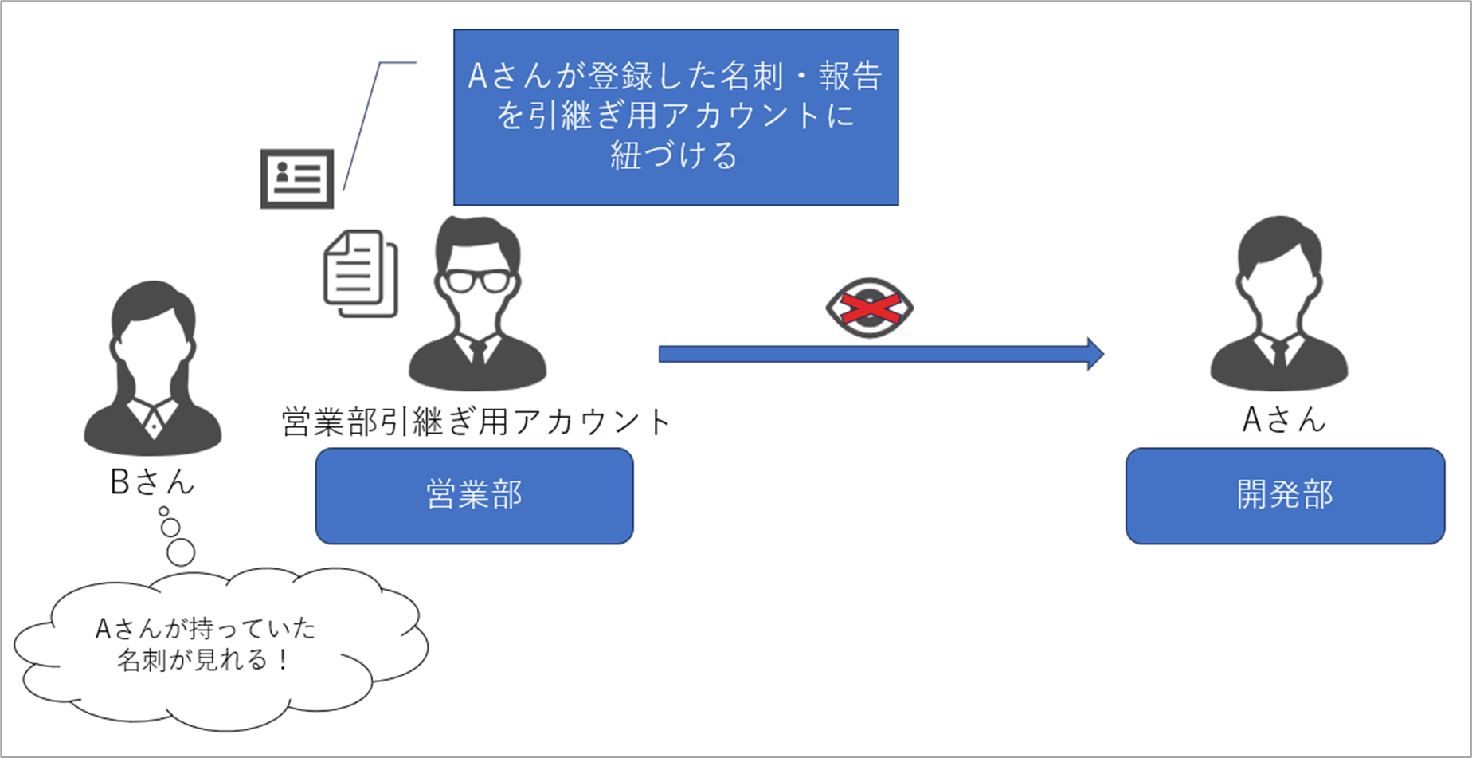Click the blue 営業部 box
pyautogui.click(x=474, y=496)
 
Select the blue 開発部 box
pyautogui.click(x=1284, y=496)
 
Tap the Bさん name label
pyautogui.click(x=152, y=481)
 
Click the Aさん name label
pyautogui.click(x=1283, y=419)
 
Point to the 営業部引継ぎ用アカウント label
pyautogui.click(x=476, y=422)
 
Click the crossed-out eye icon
pyautogui.click(x=869, y=308)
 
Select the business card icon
pyautogui.click(x=297, y=179)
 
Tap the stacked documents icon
pyautogui.click(x=360, y=273)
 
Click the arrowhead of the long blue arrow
pyautogui.click(x=1095, y=354)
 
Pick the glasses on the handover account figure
pyautogui.click(x=477, y=281)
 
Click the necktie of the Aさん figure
pyautogui.click(x=1279, y=353)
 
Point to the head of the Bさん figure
pyautogui.click(x=153, y=319)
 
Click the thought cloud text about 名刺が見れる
pyautogui.click(x=205, y=644)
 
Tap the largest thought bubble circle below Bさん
pyautogui.click(x=181, y=552)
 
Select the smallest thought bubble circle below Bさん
pyautogui.click(x=164, y=511)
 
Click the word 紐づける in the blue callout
pyautogui.click(x=675, y=155)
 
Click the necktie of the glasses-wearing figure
pyautogui.click(x=478, y=353)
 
